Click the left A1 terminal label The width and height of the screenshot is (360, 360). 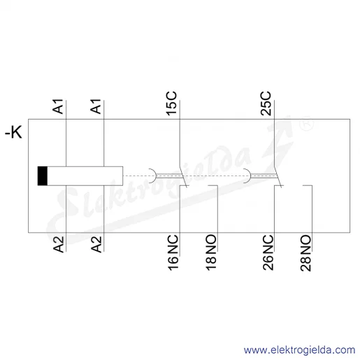pos(58,106)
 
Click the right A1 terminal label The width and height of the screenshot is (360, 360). pos(96,106)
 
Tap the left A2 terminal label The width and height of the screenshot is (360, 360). pos(58,244)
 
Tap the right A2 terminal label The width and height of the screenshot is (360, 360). pos(96,244)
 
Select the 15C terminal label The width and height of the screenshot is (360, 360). pos(171,103)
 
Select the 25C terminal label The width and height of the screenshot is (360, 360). pos(266,103)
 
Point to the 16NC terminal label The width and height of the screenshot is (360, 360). pos(173,253)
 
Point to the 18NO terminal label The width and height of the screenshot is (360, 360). pos(211,253)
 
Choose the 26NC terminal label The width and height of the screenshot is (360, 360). pos(268,253)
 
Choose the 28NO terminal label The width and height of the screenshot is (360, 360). pos(305,253)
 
